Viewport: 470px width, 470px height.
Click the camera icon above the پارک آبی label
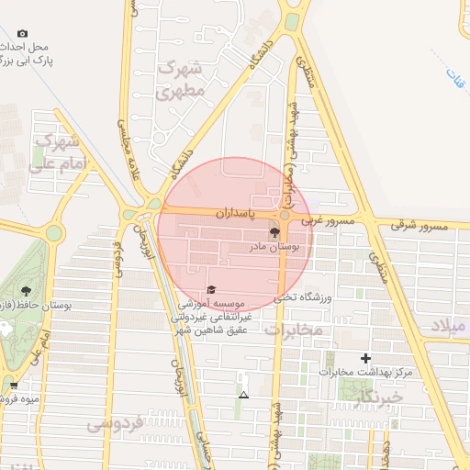pyautogui.click(x=23, y=34)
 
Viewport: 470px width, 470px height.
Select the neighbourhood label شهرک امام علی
pyautogui.click(x=55, y=153)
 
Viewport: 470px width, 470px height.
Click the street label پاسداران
pyautogui.click(x=232, y=212)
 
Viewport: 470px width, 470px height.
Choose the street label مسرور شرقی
pyautogui.click(x=425, y=226)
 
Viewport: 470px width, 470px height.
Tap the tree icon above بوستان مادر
pyautogui.click(x=274, y=231)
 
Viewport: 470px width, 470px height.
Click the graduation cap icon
pyautogui.click(x=212, y=290)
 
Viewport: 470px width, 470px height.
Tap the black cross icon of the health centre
pyautogui.click(x=365, y=358)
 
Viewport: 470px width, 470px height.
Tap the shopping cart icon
pyautogui.click(x=13, y=386)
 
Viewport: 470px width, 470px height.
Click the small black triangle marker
pyautogui.click(x=243, y=395)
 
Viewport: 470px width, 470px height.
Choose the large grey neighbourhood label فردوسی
pyautogui.click(x=115, y=424)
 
